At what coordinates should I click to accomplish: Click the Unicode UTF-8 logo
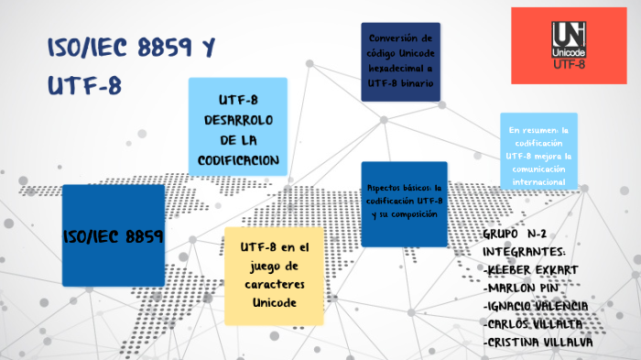point(569,45)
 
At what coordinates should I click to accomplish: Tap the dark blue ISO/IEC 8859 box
point(113,235)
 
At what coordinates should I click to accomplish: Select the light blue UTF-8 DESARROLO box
point(237,128)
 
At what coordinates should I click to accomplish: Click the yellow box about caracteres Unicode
point(274,276)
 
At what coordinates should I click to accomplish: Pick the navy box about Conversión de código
point(400,61)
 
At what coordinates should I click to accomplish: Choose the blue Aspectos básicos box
point(404,204)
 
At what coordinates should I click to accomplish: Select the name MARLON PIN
point(523,287)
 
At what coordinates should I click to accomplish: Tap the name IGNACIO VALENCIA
point(536,305)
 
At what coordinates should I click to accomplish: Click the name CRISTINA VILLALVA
point(538,342)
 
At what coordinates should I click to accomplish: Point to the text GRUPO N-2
point(518,235)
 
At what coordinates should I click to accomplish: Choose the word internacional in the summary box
point(538,182)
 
